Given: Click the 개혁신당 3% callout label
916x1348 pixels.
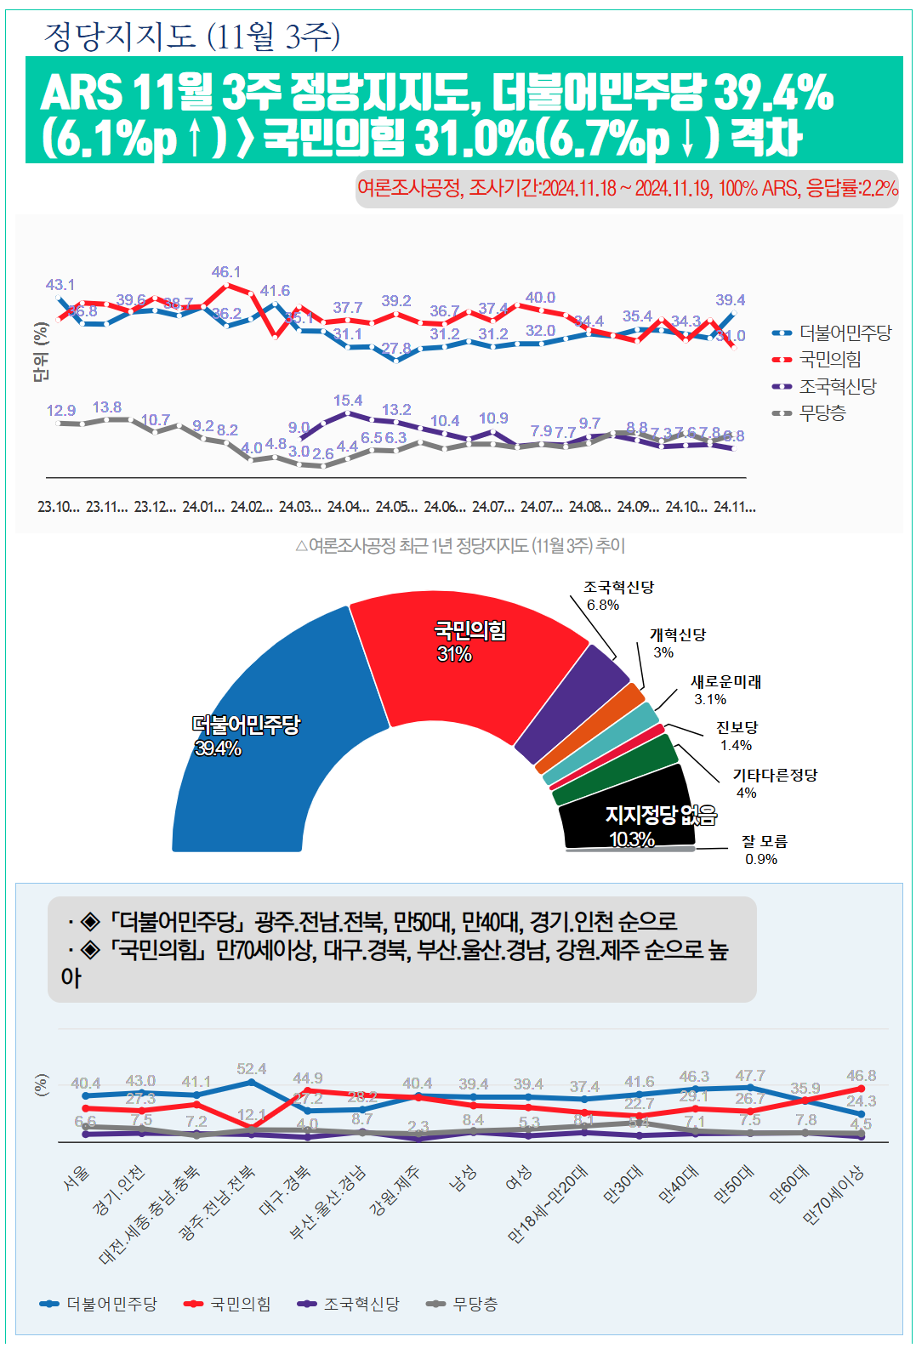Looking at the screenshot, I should point(677,643).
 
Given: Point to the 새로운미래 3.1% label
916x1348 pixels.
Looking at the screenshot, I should point(725,690).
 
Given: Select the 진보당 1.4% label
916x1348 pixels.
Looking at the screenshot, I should point(737,736).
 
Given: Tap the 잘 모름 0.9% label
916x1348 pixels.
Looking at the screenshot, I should point(764,850).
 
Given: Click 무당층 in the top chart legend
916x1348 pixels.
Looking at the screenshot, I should point(822,413).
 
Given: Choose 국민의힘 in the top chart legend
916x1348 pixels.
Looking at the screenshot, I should point(830,360).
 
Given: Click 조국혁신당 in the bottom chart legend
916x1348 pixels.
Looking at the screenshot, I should point(361,1304).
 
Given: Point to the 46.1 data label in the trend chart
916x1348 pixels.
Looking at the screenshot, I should point(226,272).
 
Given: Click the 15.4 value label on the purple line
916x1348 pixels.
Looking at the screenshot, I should point(348,401).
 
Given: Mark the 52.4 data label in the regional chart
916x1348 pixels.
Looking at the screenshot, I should point(252,1069).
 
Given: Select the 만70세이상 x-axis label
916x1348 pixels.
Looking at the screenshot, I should point(834,1194).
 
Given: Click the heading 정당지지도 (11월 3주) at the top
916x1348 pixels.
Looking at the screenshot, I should point(191,36).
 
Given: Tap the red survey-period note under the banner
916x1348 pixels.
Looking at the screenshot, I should point(627,188).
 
